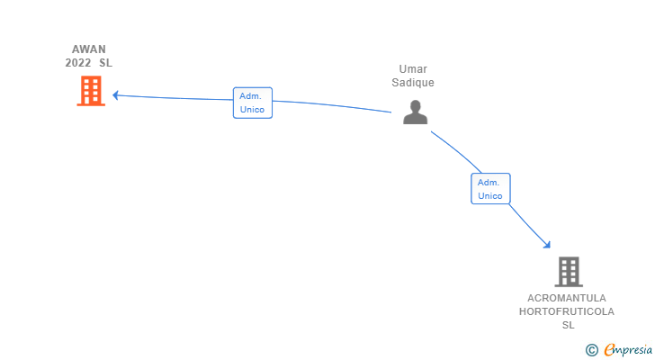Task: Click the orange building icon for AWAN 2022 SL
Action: [90, 91]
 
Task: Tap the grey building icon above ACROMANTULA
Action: [568, 271]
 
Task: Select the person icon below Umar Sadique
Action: [415, 112]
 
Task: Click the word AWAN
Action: [89, 49]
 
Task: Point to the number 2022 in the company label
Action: [78, 63]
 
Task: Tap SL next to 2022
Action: [106, 63]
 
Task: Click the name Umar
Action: [415, 69]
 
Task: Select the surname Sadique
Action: [415, 83]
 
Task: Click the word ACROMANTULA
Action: [568, 298]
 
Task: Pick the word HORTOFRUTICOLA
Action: [567, 311]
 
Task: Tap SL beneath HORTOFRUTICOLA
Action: [568, 325]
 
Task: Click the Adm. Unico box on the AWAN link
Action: [252, 103]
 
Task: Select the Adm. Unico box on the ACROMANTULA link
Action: [490, 188]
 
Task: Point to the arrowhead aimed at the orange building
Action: [116, 95]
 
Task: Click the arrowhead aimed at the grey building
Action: [546, 243]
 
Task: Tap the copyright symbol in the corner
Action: [591, 350]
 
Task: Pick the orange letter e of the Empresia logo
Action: [609, 350]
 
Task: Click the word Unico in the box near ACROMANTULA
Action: [490, 195]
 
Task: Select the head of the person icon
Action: [415, 106]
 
